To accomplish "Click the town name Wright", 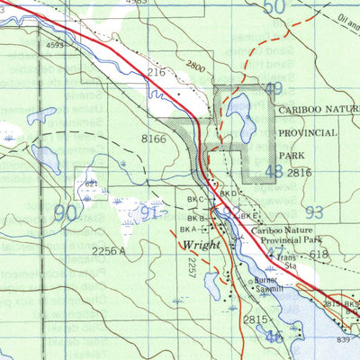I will coord(201,245).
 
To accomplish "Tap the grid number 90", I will coord(66,213).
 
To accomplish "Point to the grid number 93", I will coord(313,212).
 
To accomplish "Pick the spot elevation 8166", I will coord(154,139).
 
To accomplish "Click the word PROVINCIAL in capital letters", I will coord(308,132).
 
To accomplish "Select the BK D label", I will coord(228,193).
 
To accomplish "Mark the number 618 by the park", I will coord(319,256).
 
